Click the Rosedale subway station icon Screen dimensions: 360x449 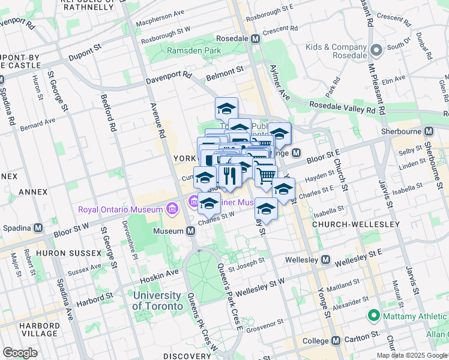(x=255, y=38)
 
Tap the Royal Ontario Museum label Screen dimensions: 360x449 (x=121, y=209)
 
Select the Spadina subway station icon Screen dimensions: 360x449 (x=38, y=228)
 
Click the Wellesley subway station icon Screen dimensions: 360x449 (x=325, y=260)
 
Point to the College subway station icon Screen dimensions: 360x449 (x=336, y=340)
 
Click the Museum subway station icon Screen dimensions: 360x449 (x=190, y=231)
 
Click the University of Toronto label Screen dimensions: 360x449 (x=157, y=301)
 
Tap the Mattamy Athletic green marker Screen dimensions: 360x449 (x=373, y=315)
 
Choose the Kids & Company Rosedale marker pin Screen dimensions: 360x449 (x=376, y=50)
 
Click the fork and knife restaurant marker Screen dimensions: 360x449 (x=229, y=175)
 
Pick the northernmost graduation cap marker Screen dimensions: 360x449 (x=226, y=109)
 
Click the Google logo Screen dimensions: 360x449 (x=20, y=353)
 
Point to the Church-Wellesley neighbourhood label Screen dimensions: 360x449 (x=355, y=224)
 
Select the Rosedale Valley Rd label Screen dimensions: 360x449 (x=346, y=107)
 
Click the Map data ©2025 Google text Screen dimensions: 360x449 (x=412, y=355)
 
